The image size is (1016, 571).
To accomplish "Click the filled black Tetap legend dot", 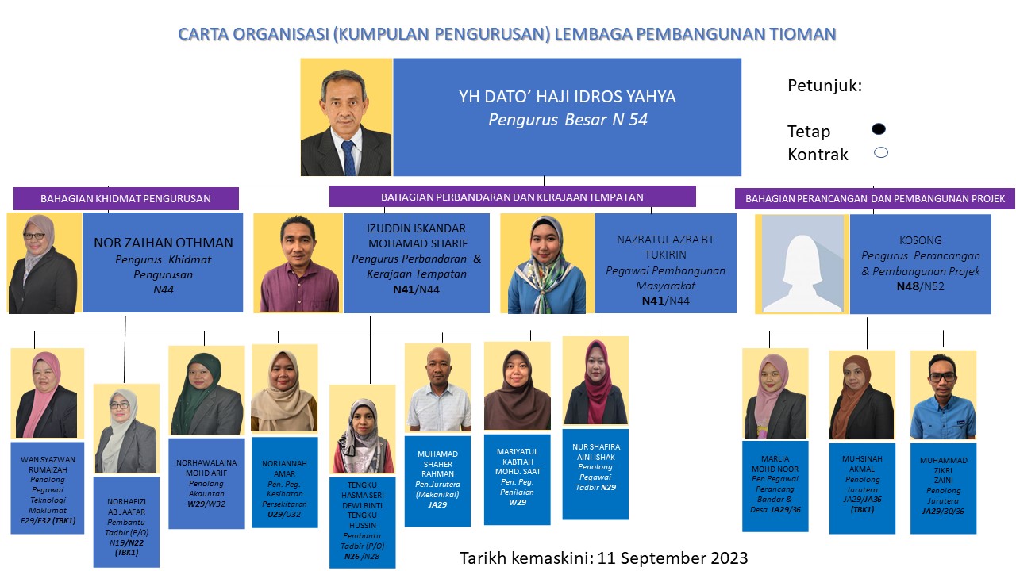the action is (879, 129).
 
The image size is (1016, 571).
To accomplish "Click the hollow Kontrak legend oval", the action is (881, 153).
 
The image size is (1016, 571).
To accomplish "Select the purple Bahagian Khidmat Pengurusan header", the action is (125, 198).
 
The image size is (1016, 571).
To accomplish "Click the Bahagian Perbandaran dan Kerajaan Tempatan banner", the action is (513, 197).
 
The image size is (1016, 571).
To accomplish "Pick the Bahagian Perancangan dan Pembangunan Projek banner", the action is (875, 198).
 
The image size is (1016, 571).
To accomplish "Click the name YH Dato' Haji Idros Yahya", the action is (567, 97).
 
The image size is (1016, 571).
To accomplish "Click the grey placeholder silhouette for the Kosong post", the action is (802, 264).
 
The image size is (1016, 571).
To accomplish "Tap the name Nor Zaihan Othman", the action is (164, 243).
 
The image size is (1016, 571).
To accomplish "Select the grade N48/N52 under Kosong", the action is (920, 286).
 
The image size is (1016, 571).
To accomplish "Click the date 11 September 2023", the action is (672, 558).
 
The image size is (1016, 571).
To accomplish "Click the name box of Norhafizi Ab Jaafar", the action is (126, 522).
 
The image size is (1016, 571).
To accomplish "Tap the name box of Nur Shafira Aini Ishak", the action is (595, 474).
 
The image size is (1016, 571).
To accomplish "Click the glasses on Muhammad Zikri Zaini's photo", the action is (942, 377).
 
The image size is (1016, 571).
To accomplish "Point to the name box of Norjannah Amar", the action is (285, 483).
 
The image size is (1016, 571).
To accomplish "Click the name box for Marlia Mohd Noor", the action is (775, 486).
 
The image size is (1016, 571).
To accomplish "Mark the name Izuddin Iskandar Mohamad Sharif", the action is (417, 236).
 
